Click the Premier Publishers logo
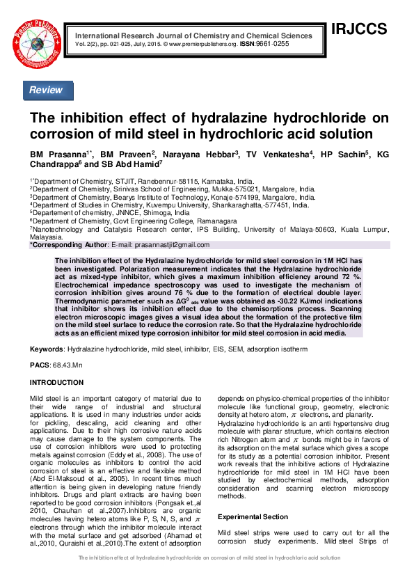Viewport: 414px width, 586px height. (34, 41)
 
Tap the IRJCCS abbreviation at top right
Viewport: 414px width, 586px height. (359, 29)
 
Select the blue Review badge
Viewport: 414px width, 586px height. (46, 90)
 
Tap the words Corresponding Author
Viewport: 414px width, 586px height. (70, 245)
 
